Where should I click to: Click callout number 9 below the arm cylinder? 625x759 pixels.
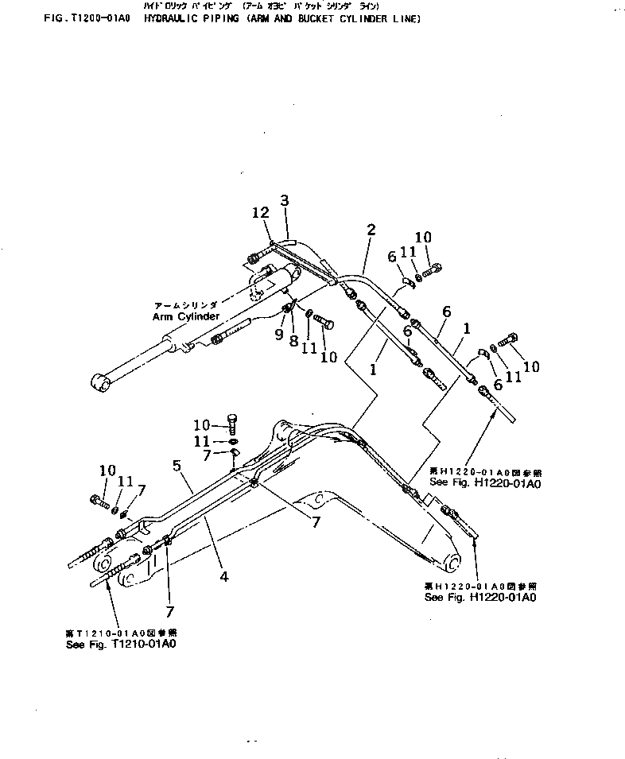point(279,335)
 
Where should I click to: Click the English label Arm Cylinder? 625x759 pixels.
point(186,316)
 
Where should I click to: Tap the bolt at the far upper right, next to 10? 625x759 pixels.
point(511,339)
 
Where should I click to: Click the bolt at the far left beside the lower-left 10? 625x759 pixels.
point(98,502)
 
